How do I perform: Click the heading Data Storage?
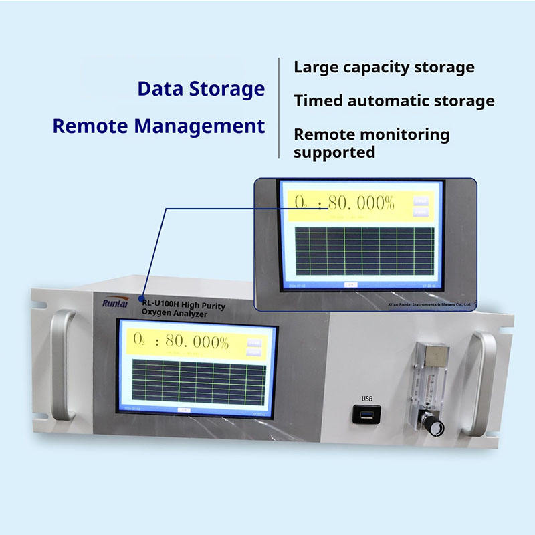(x=201, y=88)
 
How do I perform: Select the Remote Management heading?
(x=158, y=126)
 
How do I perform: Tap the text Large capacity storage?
(x=384, y=67)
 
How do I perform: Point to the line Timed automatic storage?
(x=394, y=101)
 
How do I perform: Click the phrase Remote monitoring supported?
(x=371, y=143)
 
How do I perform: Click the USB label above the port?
(x=367, y=399)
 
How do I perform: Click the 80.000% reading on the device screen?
(x=195, y=342)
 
